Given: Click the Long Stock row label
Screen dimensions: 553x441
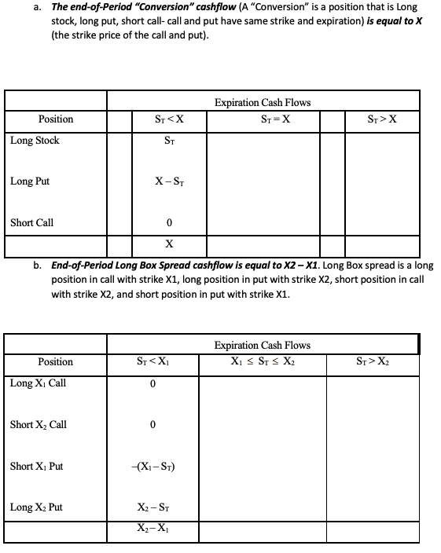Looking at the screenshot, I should pos(35,141).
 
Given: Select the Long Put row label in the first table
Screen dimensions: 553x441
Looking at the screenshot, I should pos(31,181).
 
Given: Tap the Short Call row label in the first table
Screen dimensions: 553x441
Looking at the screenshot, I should pos(32,222).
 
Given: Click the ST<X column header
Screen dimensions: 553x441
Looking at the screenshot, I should pos(170,119).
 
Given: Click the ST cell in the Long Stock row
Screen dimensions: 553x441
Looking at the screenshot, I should pos(170,141).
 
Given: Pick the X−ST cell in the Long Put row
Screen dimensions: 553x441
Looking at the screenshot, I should pos(170,181).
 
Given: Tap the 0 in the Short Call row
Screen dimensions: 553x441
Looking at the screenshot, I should pos(170,222).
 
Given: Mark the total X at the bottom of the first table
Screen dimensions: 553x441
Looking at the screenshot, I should pos(170,242).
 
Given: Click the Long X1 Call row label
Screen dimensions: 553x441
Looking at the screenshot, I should pos(39,383).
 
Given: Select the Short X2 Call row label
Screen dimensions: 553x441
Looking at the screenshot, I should pos(39,425).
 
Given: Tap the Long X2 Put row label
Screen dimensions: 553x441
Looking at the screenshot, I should pos(36,507).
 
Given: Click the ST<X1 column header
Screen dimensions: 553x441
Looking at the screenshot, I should pos(153,362).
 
